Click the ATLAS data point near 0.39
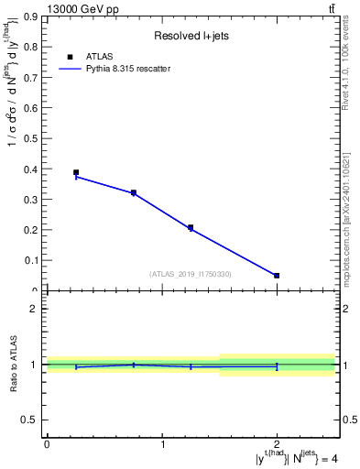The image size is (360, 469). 76,172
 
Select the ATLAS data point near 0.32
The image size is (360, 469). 134,193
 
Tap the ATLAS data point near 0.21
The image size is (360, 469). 191,227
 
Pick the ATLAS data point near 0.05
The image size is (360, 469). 277,276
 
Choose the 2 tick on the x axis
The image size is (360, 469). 277,444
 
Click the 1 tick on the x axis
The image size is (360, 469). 162,444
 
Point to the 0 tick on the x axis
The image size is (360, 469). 48,444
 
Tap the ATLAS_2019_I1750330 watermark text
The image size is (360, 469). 191,274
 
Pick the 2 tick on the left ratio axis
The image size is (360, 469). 34,309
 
